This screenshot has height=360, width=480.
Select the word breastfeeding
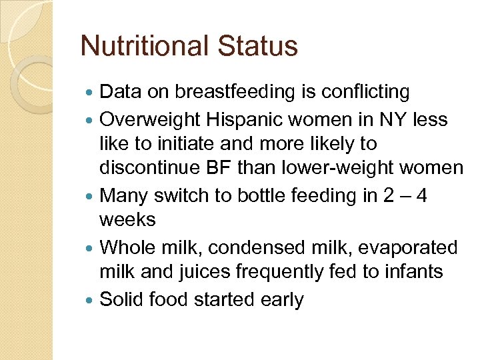point(227,91)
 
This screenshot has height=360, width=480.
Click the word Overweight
point(150,120)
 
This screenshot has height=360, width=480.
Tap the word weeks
point(127,219)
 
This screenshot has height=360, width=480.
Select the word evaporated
point(406,247)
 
